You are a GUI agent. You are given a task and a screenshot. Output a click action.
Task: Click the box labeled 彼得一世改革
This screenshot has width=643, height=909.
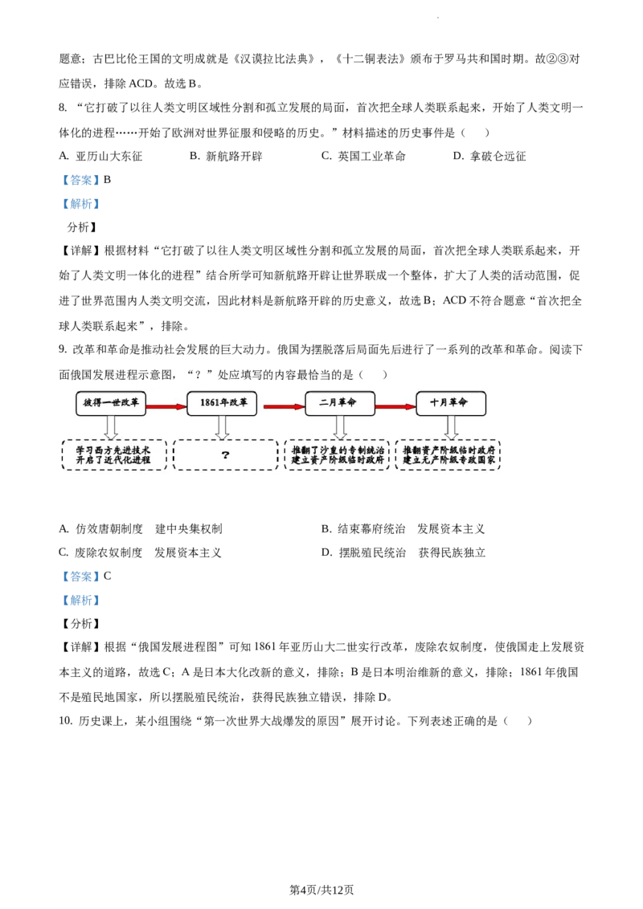tap(111, 403)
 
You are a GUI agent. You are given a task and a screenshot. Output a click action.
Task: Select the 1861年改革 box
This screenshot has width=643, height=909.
tap(222, 403)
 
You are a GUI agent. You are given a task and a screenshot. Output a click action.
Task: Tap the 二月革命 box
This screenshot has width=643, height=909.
tap(339, 403)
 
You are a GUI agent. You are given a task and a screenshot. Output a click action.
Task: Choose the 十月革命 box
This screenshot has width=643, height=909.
tap(450, 403)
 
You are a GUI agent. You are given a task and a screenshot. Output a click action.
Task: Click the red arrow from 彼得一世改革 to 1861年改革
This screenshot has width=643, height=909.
tap(166, 407)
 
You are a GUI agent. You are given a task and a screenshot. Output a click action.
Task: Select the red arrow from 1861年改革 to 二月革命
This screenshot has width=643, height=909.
tap(284, 407)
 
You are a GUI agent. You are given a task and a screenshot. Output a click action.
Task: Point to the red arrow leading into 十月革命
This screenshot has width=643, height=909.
tap(395, 407)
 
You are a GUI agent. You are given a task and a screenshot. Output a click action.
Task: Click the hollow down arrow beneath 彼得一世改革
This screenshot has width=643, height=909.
tap(111, 426)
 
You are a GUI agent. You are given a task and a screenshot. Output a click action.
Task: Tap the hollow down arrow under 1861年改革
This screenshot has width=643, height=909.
tap(222, 426)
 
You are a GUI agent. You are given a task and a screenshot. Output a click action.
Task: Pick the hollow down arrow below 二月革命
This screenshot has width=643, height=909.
tap(340, 426)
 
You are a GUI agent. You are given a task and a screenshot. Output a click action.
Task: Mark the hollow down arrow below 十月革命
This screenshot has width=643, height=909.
tap(451, 426)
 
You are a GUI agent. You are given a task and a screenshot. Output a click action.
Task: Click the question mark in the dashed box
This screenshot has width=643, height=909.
tap(225, 455)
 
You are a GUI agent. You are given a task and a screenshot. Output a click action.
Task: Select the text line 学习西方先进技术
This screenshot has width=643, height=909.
tap(113, 450)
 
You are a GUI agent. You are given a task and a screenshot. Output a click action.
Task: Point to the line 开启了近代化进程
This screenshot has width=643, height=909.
tap(113, 460)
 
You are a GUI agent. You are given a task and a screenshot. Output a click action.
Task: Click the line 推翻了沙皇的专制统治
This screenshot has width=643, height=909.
tap(338, 450)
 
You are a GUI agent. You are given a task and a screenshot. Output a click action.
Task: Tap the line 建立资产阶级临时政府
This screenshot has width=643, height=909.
tap(338, 460)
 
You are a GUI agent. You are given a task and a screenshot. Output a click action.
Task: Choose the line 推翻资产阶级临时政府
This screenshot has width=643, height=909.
tap(448, 450)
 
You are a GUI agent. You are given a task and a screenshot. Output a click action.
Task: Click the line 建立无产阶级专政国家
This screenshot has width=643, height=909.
tap(448, 460)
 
